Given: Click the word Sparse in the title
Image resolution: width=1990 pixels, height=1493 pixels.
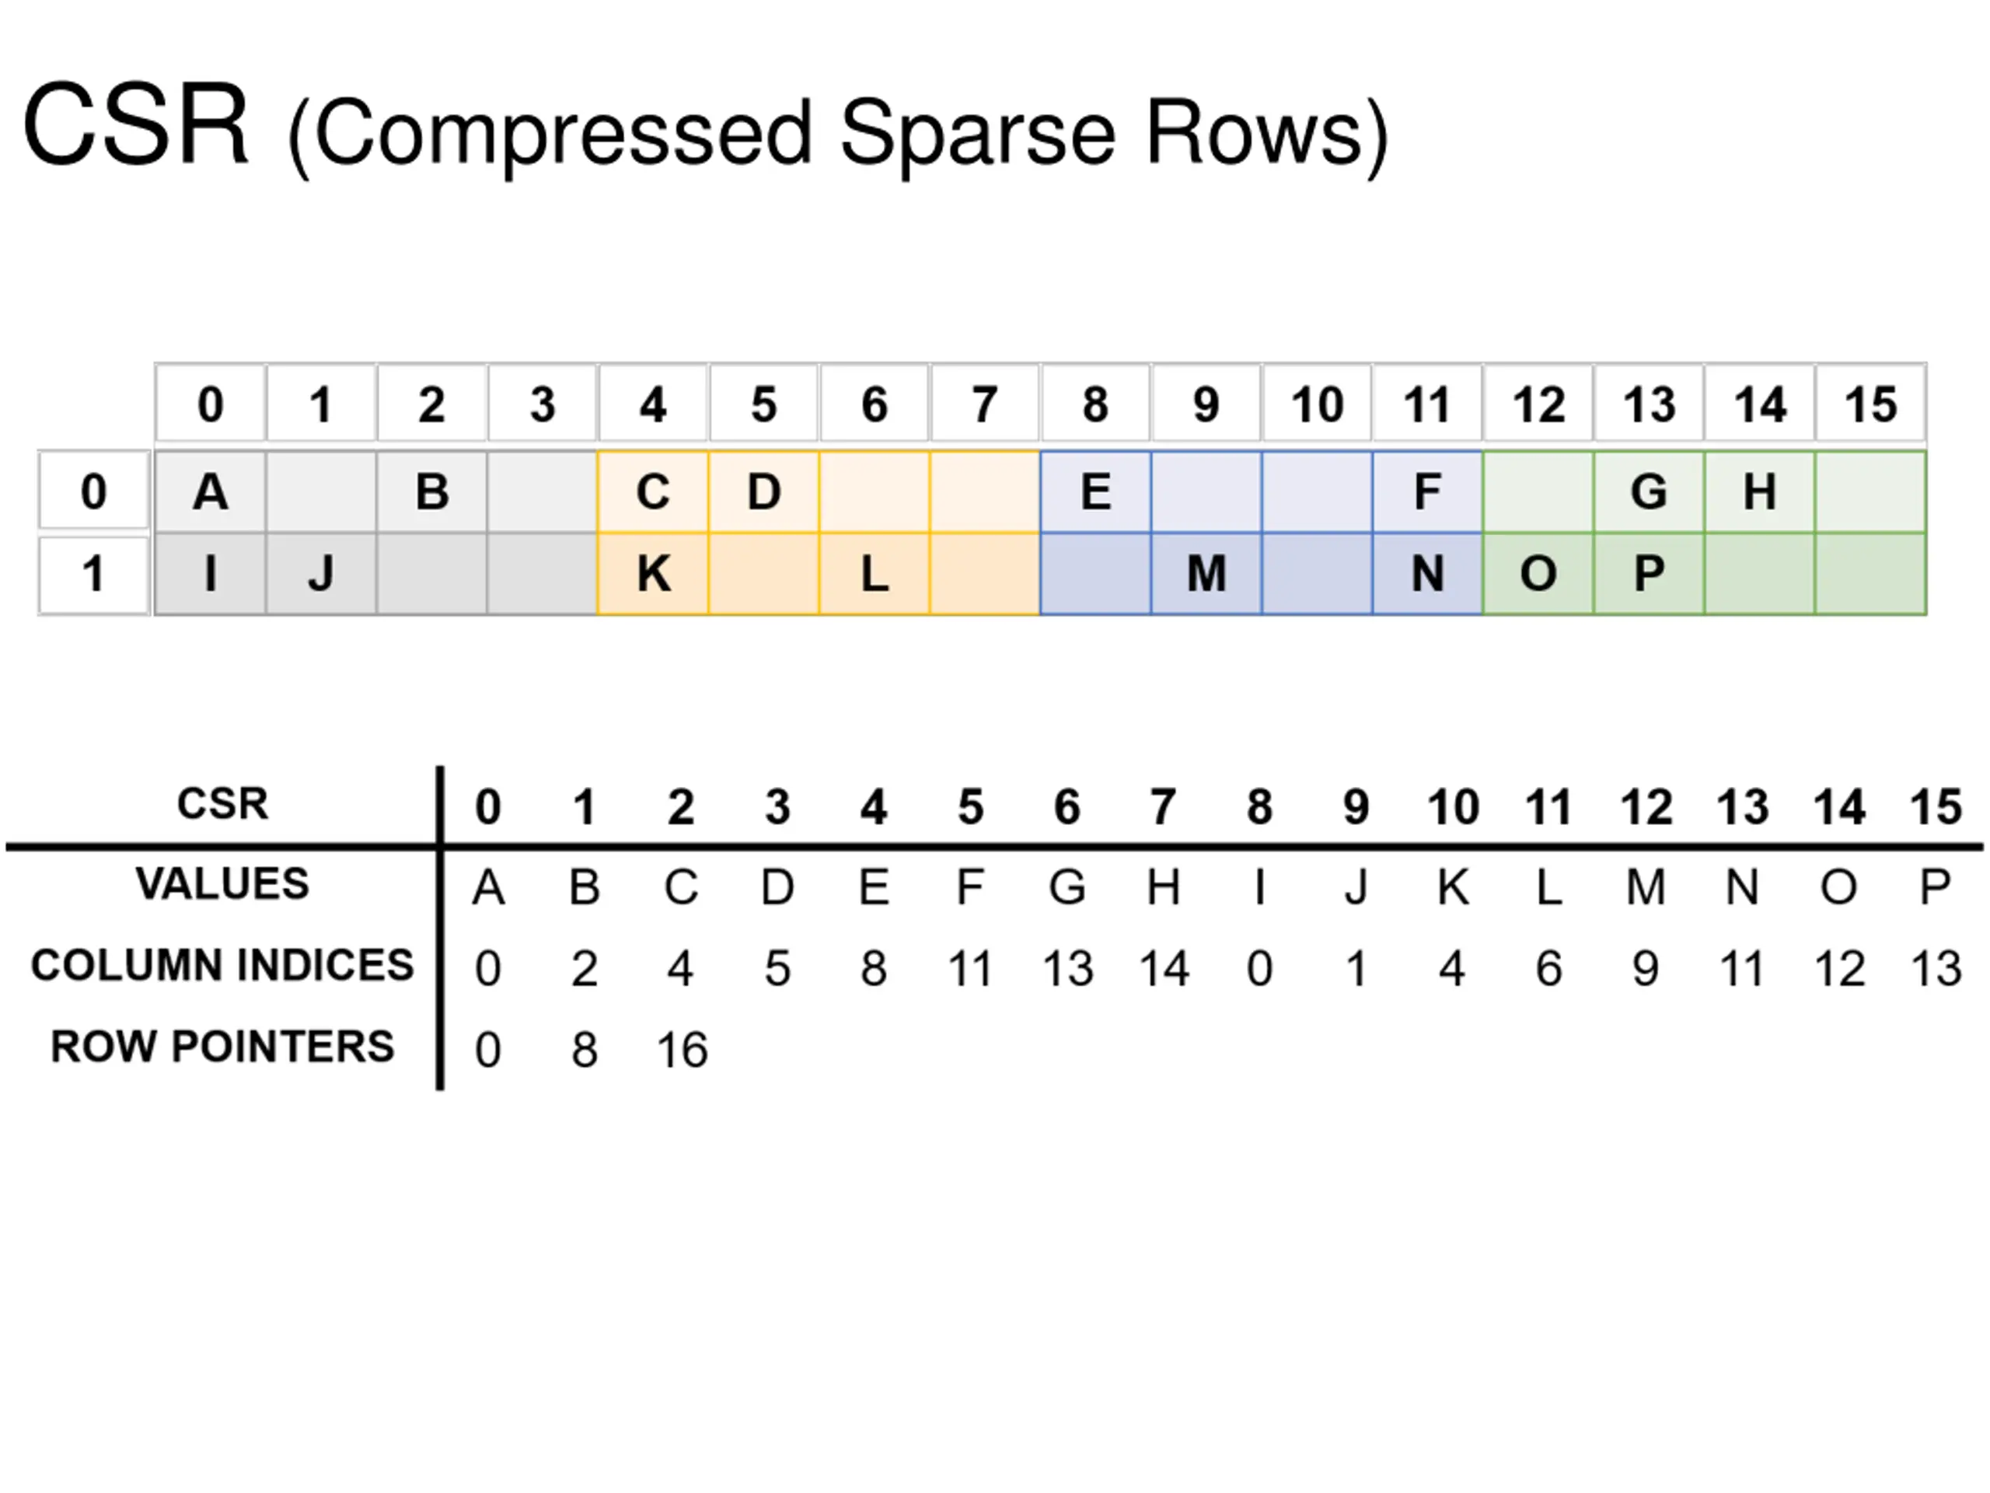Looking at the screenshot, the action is point(977,133).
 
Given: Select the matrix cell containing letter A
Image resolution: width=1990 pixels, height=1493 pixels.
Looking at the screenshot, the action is point(211,491).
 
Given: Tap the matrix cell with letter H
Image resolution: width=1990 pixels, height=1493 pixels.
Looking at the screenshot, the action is point(1760,491).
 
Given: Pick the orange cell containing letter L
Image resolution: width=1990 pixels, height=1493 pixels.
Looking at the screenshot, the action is point(875,573).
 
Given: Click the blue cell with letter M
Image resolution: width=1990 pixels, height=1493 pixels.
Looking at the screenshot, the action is point(1206,573).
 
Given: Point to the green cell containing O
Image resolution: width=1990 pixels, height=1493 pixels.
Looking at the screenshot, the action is point(1538,573).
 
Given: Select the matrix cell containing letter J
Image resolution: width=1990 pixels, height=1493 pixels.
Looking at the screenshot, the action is point(321,573).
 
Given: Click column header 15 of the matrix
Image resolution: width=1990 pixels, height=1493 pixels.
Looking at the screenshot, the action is point(1871,404).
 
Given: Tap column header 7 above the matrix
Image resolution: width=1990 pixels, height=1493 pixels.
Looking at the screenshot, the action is point(985,404).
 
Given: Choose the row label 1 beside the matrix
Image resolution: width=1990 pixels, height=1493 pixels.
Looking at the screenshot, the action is point(93,573).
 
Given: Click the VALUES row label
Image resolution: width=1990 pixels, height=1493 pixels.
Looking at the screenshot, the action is point(222,883).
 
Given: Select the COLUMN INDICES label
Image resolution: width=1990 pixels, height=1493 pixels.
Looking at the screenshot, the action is point(222,965).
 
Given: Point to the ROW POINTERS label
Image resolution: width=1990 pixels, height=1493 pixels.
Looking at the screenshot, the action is point(222,1047).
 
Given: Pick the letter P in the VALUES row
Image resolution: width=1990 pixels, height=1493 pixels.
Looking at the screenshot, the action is point(1935,887).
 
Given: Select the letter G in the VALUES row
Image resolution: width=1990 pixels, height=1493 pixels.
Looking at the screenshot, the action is point(1067,887).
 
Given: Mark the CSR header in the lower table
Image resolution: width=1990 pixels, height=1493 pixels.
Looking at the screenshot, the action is point(222,803).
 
